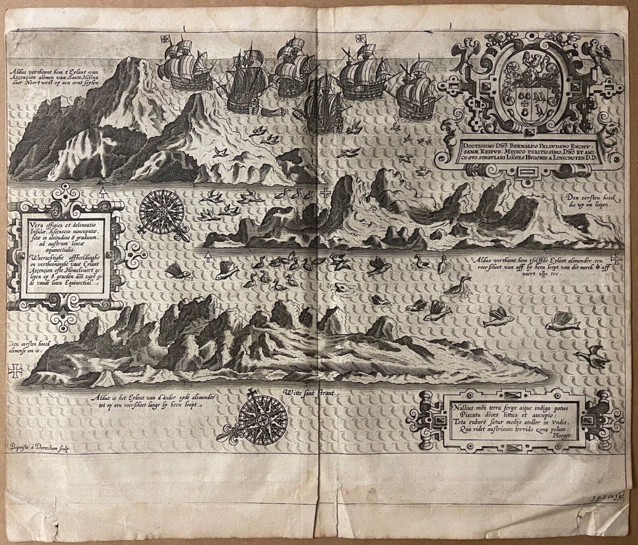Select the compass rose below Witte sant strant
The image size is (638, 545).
[x=263, y=416]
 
